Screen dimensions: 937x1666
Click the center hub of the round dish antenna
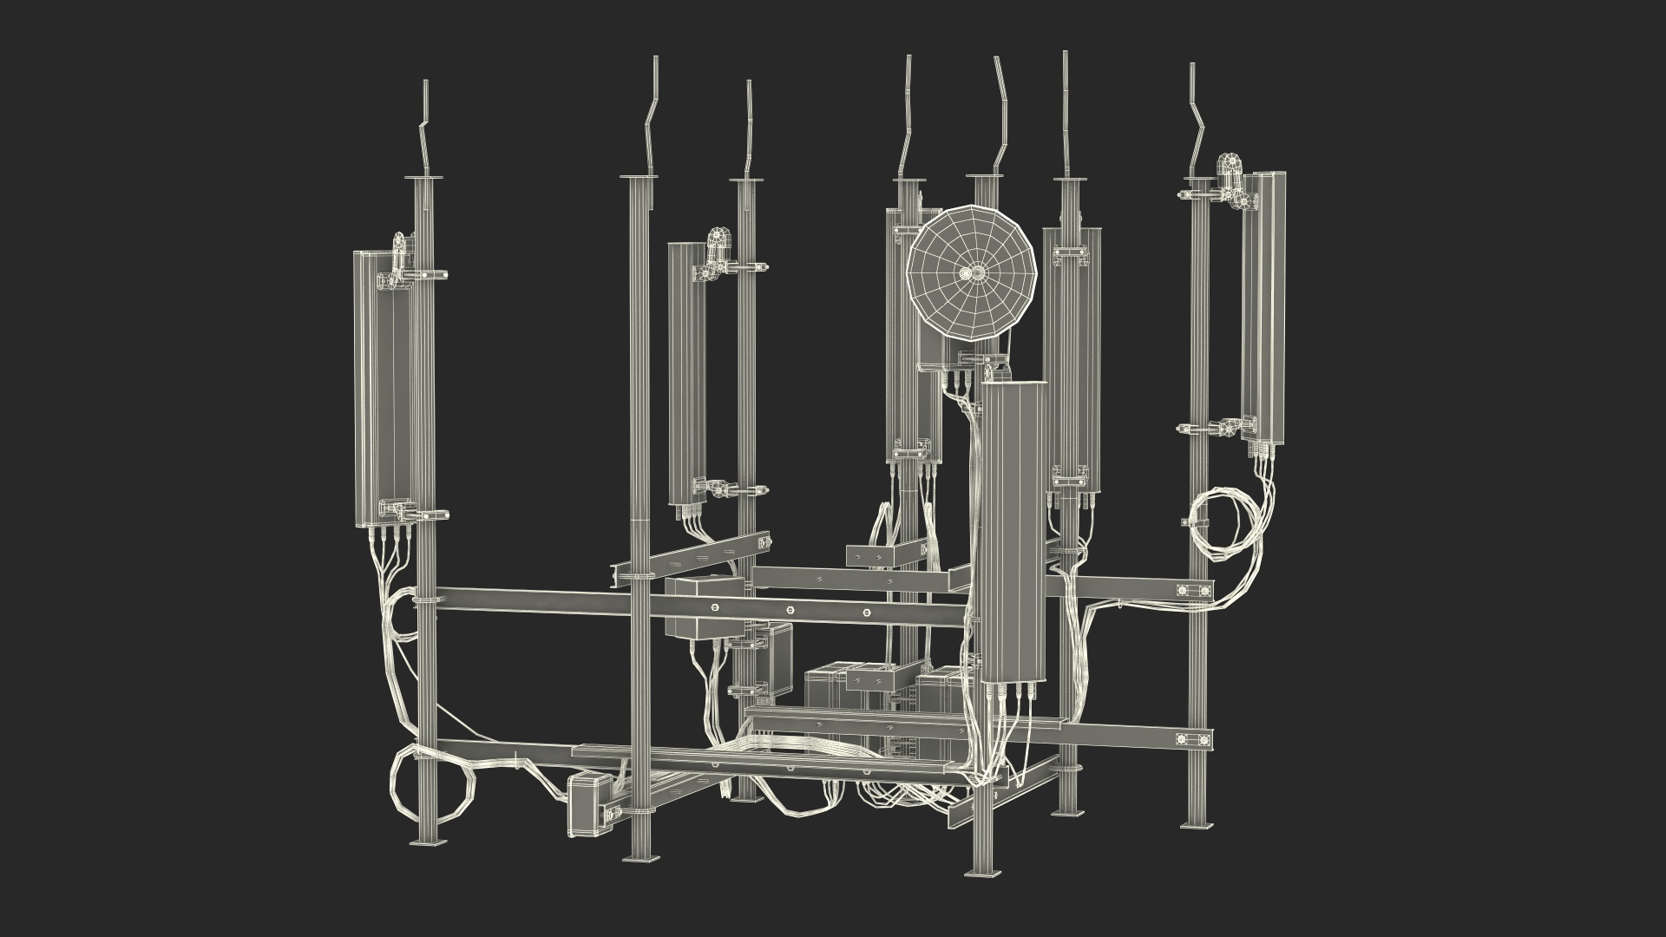pyautogui.click(x=974, y=273)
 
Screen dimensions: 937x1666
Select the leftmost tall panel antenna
pyautogui.click(x=382, y=390)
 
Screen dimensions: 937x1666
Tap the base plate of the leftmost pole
pyautogui.click(x=430, y=842)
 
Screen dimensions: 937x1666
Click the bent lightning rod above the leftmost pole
pyautogui.click(x=425, y=130)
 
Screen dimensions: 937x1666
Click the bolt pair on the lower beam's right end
pyautogui.click(x=1189, y=740)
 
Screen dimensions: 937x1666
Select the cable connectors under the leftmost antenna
pyautogui.click(x=386, y=537)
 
